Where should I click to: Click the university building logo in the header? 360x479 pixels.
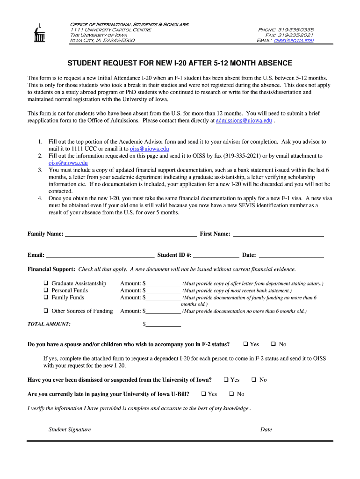[39, 33]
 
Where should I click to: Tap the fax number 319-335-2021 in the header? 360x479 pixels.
[296, 35]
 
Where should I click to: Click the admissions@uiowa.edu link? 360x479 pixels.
[244, 120]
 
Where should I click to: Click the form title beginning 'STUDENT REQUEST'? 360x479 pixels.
[180, 63]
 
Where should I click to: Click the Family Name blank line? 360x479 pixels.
[130, 234]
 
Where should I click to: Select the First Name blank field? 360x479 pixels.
[278, 234]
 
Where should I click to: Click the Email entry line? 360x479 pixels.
[100, 255]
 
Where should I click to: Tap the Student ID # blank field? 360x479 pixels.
[216, 255]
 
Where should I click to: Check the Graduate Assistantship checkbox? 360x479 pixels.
[46, 283]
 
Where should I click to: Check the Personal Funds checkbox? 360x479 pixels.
[46, 290]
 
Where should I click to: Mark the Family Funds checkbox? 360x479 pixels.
[46, 298]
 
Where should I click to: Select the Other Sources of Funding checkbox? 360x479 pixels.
[46, 311]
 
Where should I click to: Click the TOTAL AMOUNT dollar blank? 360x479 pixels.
[163, 324]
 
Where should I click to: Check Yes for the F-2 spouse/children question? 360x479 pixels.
[245, 344]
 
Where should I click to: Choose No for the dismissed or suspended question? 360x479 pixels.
[254, 380]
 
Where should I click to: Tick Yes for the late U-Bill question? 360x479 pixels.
[203, 394]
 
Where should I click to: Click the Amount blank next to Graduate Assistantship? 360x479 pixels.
[163, 283]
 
